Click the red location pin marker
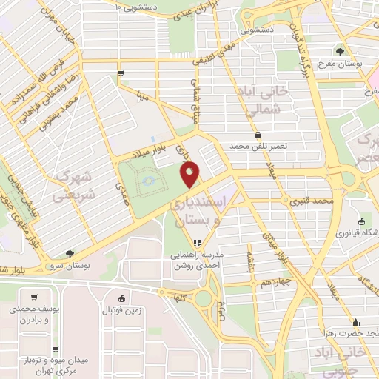pos(191,175)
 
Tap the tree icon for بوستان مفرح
pos(340,51)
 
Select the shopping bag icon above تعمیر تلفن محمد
pos(257,135)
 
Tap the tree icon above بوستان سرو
pos(69,253)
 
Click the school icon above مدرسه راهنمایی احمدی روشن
pos(196,244)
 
